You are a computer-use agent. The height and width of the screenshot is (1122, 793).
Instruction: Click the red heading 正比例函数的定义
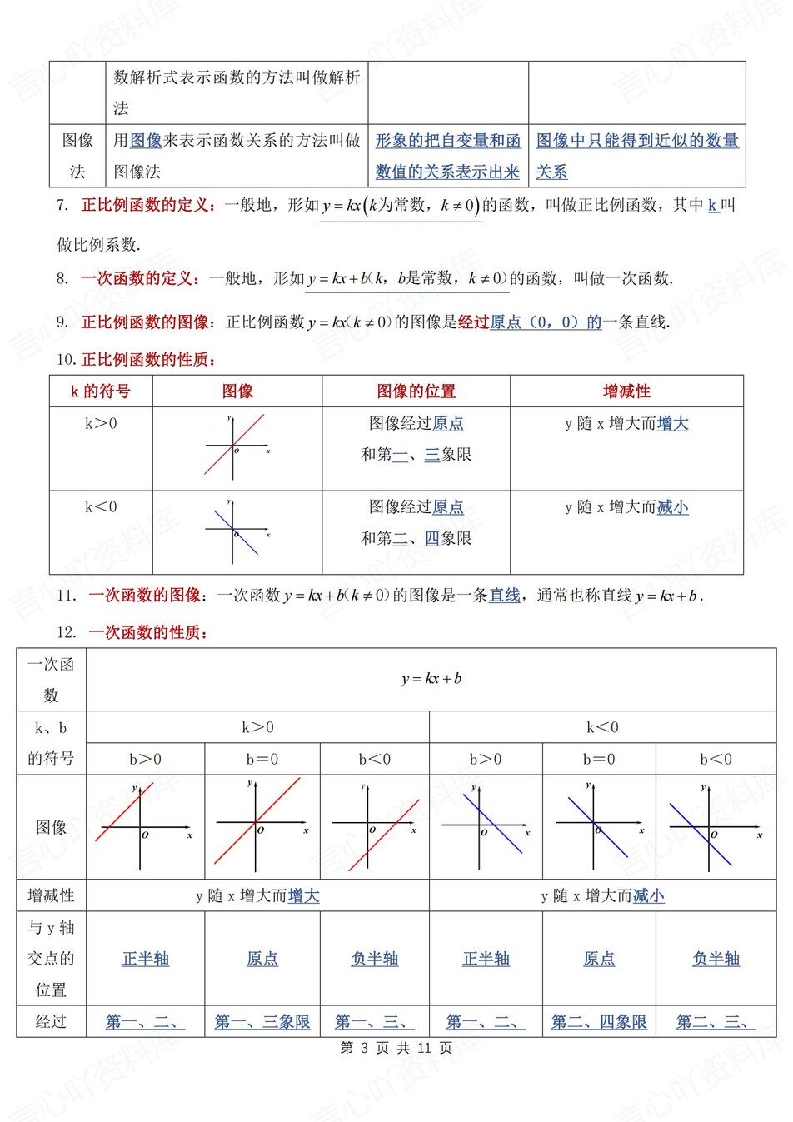click(x=147, y=205)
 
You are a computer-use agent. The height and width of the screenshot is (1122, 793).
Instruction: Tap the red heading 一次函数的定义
click(x=139, y=278)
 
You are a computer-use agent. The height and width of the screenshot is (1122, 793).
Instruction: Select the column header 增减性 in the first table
click(x=626, y=391)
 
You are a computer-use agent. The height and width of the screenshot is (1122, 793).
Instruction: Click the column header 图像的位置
click(x=416, y=391)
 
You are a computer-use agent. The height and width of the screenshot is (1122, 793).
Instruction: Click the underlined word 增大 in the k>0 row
click(x=672, y=424)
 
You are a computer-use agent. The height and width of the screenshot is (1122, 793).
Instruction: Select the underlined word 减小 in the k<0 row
click(x=672, y=507)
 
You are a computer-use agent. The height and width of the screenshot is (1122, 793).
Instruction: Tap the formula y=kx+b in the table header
click(x=431, y=679)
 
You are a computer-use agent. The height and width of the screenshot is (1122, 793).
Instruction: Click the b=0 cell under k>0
click(x=262, y=760)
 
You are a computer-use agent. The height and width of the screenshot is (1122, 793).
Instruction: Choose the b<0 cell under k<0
click(x=716, y=760)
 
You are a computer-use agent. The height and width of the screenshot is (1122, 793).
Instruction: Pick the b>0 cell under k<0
click(x=486, y=760)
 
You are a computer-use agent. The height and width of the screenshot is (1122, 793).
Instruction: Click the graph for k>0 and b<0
click(x=375, y=826)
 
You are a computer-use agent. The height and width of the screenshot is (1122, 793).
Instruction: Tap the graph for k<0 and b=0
click(x=599, y=826)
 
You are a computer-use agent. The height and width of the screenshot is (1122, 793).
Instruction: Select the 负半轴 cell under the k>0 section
click(x=375, y=959)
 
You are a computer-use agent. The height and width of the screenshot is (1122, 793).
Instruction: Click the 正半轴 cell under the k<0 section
click(x=486, y=959)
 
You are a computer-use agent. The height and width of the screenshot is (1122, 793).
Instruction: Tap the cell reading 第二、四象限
click(x=599, y=1022)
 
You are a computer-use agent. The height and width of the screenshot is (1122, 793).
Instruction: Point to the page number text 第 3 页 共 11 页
click(x=396, y=1048)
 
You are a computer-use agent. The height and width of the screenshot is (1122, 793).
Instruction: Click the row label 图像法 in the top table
click(x=77, y=156)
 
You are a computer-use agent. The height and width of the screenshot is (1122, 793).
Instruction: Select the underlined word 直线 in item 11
click(x=504, y=596)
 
